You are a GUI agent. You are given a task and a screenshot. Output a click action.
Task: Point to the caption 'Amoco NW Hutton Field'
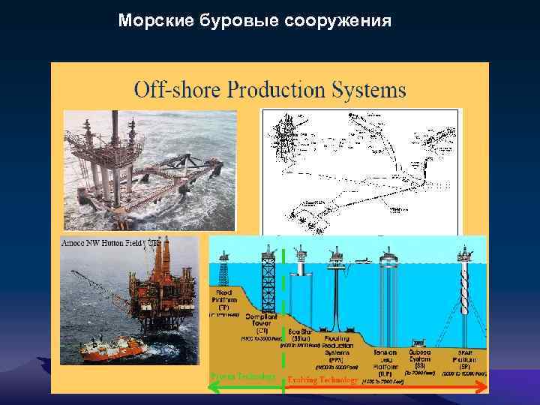[x=105, y=243]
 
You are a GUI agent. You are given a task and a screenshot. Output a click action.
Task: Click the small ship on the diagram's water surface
[x=361, y=260]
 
